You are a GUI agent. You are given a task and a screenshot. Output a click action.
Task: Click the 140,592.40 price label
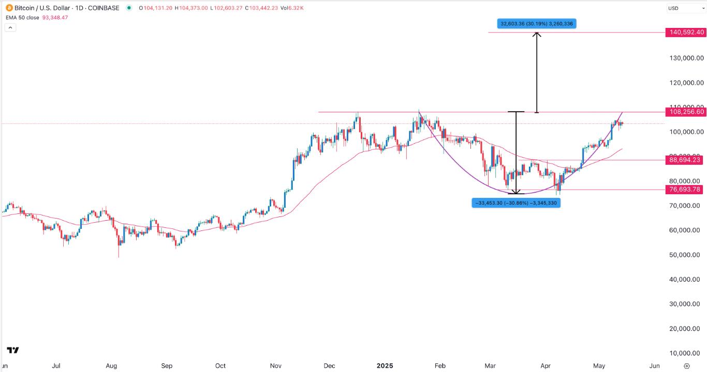coord(686,32)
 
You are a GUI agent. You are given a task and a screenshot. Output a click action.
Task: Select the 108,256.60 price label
coord(686,112)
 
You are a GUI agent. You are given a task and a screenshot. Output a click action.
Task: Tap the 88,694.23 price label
coord(685,160)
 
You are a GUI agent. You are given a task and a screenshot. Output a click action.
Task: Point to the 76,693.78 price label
coord(685,190)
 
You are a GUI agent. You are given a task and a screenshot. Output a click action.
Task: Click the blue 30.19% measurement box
coord(537,23)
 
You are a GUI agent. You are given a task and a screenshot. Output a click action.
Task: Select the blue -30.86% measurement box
coord(516,203)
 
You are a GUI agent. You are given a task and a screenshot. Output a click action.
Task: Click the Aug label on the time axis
coord(111,366)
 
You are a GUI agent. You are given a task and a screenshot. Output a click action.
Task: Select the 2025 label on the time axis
coord(385,366)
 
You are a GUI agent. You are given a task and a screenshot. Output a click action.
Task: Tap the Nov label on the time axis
coord(275,366)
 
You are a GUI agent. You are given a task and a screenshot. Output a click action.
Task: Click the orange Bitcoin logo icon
coord(9,8)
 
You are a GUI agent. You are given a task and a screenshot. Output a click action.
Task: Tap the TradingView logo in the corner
coord(13,350)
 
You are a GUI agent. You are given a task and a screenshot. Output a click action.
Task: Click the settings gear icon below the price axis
coord(687,366)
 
